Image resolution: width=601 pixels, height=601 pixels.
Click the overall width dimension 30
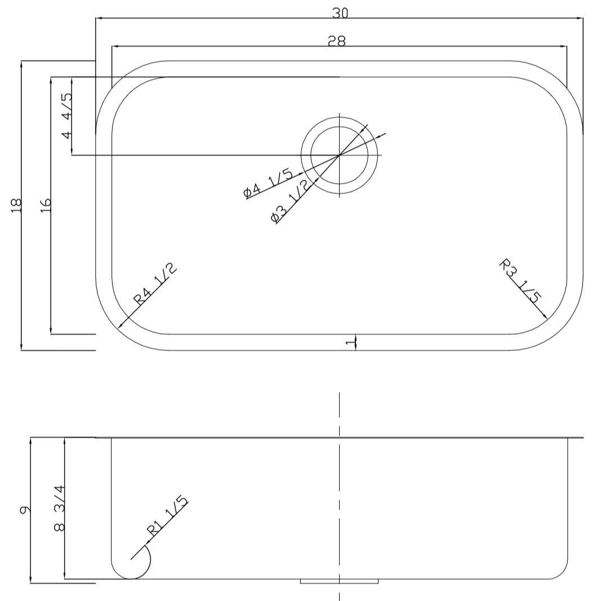click(x=340, y=12)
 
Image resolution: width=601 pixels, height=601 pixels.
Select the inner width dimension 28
click(x=336, y=41)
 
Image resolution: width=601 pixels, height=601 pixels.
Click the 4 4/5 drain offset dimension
click(x=66, y=115)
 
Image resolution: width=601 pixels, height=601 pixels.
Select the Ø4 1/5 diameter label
click(x=268, y=184)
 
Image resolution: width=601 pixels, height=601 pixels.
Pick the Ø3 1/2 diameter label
click(x=290, y=202)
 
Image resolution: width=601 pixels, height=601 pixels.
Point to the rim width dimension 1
click(x=350, y=342)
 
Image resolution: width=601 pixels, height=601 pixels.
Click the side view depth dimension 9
click(x=24, y=510)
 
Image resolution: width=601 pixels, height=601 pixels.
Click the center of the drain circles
click(x=339, y=155)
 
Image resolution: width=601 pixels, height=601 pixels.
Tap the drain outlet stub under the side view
click(x=339, y=581)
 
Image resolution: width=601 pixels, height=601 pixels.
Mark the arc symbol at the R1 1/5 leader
click(x=148, y=559)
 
